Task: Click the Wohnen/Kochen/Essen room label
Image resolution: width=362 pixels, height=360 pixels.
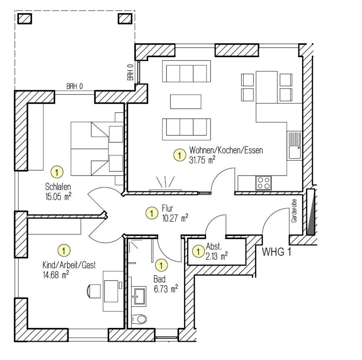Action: click(x=226, y=150)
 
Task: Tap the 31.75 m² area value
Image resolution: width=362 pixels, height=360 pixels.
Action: click(x=202, y=160)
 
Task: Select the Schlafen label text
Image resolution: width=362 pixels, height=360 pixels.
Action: click(x=58, y=187)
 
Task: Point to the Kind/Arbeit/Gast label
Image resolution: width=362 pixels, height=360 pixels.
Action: click(x=69, y=265)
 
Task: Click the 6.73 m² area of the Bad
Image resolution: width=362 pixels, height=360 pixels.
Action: click(x=166, y=289)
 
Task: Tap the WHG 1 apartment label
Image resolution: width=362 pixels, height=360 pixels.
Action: click(x=276, y=252)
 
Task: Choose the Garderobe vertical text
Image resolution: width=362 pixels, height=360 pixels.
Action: click(x=294, y=211)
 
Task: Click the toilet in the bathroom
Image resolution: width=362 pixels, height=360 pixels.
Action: click(x=139, y=319)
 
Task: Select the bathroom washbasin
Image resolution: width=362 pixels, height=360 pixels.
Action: click(x=139, y=296)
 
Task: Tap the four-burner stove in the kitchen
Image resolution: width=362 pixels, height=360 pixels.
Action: click(x=264, y=183)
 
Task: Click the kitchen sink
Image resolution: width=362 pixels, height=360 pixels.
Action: click(x=294, y=146)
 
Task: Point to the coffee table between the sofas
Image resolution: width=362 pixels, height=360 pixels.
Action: click(x=186, y=102)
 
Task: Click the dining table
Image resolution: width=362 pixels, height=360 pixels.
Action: click(x=267, y=87)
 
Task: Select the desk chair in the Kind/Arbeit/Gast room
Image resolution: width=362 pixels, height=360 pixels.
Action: click(x=94, y=291)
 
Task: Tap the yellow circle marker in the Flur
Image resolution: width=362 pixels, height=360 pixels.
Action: click(x=152, y=213)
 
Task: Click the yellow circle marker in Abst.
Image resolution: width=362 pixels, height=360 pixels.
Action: click(x=198, y=251)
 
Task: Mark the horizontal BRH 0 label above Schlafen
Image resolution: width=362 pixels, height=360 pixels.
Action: click(x=75, y=86)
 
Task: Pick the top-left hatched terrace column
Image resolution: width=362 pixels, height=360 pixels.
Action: click(x=25, y=19)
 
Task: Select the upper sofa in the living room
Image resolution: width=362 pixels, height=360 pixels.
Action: click(x=186, y=71)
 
